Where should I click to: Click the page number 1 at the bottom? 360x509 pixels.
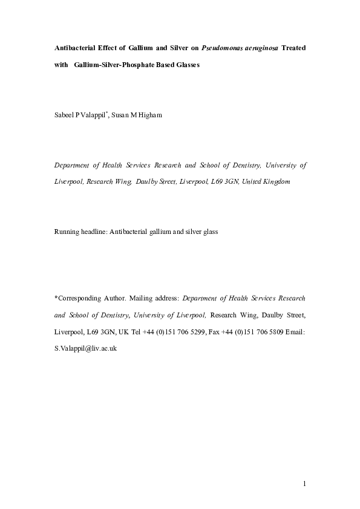[305, 484]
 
